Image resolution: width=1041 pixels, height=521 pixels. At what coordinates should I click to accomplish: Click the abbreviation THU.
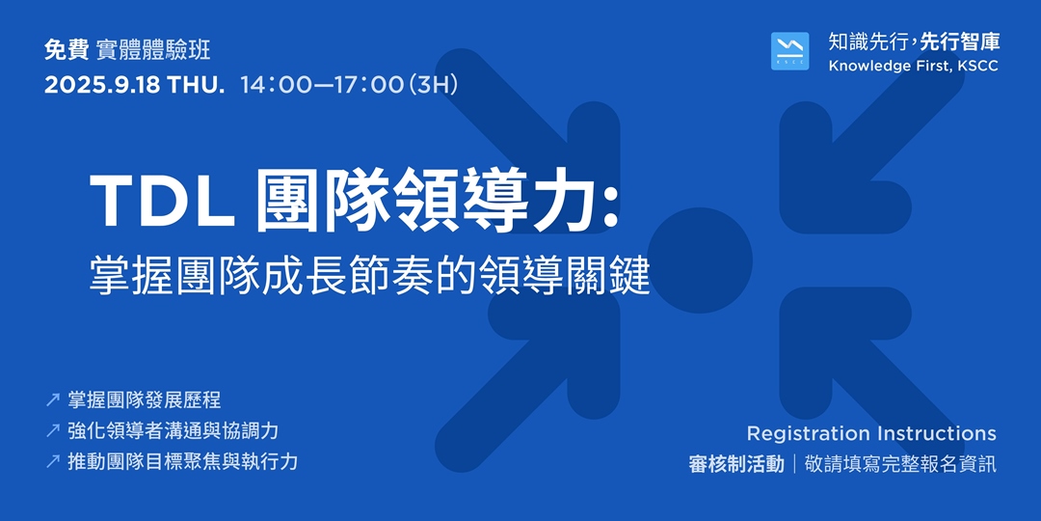point(196,84)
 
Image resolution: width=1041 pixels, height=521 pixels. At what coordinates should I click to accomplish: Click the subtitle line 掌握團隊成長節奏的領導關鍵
point(370,277)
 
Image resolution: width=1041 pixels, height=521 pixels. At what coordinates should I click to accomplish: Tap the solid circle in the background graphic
point(700,260)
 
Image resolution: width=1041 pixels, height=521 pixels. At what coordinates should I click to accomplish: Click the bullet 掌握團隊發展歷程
point(145,399)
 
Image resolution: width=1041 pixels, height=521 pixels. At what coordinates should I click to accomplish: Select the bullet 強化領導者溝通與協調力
point(173,430)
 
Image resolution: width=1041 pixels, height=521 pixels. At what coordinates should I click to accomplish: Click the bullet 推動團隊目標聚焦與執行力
point(183,461)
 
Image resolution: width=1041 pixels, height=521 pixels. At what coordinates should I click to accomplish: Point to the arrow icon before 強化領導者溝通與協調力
point(53,430)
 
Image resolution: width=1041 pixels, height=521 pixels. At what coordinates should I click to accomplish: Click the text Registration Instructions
point(871,433)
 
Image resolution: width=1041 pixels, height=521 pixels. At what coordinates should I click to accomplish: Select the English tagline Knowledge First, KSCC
point(913,66)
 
